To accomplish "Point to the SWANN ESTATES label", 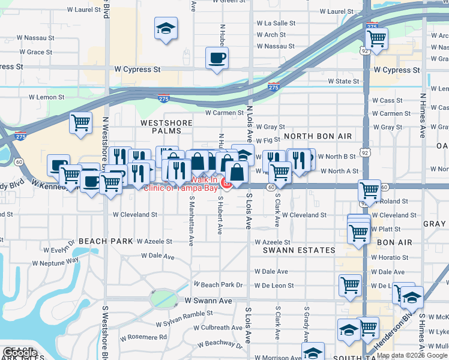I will coord(304,250).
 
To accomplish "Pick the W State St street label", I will coord(343,82).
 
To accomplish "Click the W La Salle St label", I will coord(276,23).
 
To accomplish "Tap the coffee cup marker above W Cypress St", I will coord(217,58).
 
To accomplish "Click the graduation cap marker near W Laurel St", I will coord(166,28).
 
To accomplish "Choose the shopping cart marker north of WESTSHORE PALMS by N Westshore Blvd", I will coord(80,123).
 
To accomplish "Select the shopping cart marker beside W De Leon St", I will coord(349,286).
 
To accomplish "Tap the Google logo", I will coord(20,353).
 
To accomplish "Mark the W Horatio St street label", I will coord(391,257).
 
